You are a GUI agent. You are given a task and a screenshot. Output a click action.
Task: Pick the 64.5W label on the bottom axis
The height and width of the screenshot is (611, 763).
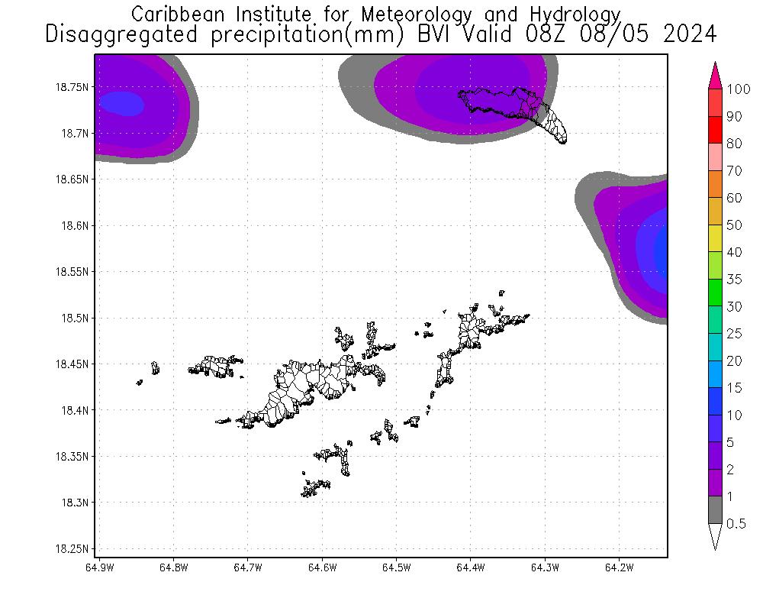click(396, 567)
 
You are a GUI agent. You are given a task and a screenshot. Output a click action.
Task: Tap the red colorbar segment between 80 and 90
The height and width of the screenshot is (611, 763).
click(715, 130)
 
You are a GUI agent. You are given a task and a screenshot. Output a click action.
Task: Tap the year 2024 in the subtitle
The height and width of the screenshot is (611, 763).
click(691, 34)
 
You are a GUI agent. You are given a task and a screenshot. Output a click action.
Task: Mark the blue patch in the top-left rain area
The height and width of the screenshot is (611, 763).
click(121, 102)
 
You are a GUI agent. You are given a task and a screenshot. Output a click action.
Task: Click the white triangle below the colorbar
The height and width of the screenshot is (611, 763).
click(715, 535)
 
